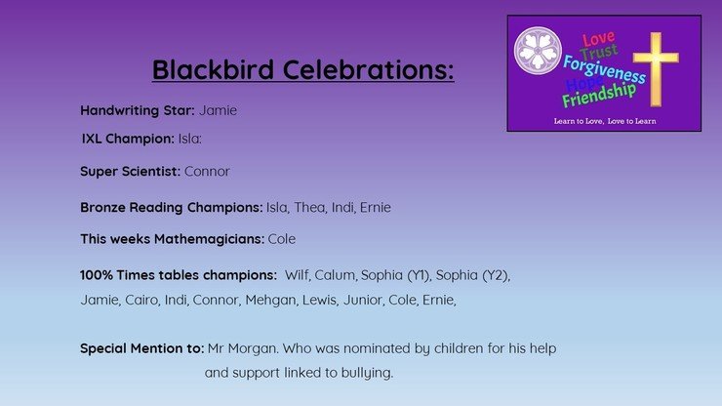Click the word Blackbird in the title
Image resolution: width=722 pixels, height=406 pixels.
214,69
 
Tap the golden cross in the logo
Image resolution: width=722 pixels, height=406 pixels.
656,69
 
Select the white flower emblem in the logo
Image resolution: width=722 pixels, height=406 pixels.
538,50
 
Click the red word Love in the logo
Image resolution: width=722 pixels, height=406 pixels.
598,39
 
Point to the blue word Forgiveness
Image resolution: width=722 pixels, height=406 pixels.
604,69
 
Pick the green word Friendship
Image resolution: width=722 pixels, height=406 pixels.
599,96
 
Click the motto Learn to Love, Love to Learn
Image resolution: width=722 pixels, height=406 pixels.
605,121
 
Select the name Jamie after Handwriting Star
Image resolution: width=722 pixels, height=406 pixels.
218,110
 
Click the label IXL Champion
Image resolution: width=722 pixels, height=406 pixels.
128,139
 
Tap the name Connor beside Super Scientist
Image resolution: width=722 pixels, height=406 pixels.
207,172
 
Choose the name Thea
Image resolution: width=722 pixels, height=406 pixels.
310,207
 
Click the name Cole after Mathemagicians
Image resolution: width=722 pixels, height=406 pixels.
282,239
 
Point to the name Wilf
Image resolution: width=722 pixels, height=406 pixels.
298,275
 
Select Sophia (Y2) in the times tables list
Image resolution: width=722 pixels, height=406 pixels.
473,275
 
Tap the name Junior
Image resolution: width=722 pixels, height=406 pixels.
364,300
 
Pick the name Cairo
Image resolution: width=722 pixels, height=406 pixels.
142,300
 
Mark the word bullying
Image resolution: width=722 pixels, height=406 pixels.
367,373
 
